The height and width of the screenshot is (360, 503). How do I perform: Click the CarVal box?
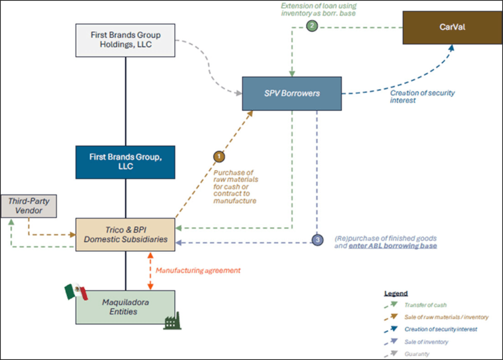[x=451, y=28]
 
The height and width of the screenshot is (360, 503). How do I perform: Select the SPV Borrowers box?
[x=291, y=93]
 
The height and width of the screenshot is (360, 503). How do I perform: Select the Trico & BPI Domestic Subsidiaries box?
[x=125, y=234]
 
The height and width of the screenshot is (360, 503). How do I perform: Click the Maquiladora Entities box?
[x=125, y=306]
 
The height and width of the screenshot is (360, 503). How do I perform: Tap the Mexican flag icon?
[x=76, y=292]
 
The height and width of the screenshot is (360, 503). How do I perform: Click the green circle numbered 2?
[x=311, y=27]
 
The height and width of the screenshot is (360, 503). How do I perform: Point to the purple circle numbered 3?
[x=317, y=240]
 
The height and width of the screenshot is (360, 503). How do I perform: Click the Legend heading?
[x=396, y=293]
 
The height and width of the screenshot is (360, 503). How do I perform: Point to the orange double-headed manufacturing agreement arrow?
[x=151, y=270]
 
